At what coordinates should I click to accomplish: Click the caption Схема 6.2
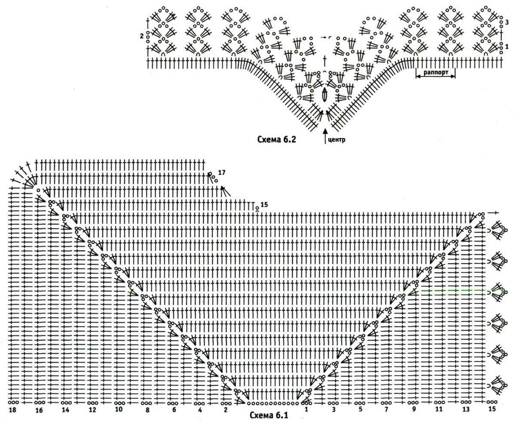276,140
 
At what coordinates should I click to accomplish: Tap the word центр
337,140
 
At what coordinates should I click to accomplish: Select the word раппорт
436,72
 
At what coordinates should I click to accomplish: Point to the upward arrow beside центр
325,136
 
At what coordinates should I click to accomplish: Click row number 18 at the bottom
12,410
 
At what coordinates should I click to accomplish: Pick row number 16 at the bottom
39,410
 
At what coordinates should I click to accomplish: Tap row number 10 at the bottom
119,409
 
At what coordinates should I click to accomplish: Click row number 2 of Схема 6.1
225,410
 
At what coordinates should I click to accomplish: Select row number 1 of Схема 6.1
307,409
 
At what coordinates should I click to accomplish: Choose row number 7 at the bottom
386,410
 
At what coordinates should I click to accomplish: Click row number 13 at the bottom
466,409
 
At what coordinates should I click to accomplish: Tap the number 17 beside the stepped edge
222,172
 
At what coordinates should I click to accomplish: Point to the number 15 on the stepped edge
264,204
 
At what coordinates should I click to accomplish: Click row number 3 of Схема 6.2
507,22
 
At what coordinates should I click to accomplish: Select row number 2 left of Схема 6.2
141,36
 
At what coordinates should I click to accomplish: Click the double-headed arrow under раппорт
436,77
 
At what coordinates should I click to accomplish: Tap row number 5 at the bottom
360,409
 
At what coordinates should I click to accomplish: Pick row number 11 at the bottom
439,409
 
